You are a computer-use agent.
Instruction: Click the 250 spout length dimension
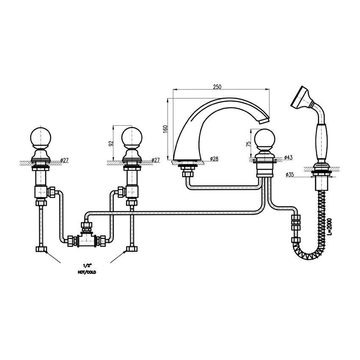[217, 87]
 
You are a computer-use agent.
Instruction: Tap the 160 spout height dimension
[165, 129]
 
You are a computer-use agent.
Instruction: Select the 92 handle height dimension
[111, 144]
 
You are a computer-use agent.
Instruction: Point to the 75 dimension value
[248, 144]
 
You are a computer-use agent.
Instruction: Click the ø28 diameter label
[214, 159]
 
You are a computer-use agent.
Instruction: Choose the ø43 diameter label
[288, 158]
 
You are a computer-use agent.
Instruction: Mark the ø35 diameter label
[290, 174]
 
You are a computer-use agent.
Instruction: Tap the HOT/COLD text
[87, 272]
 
